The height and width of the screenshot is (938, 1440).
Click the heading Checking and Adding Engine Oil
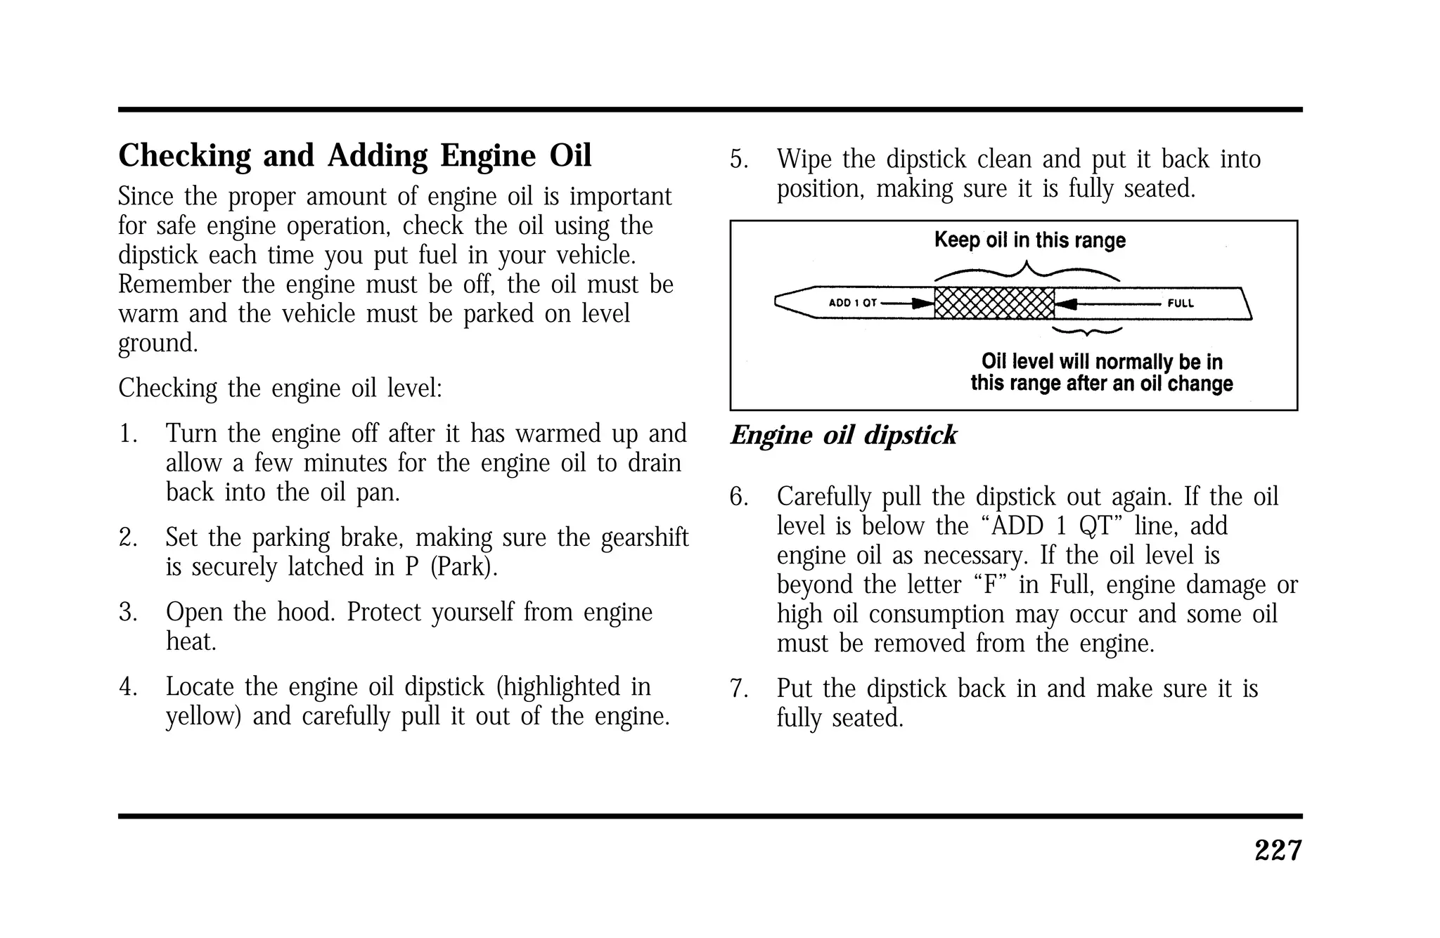click(354, 156)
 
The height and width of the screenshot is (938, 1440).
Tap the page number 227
click(1278, 851)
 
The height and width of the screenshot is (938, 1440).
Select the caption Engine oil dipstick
click(843, 436)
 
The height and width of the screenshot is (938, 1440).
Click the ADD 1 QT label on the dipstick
click(852, 304)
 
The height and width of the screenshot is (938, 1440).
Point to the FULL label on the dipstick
click(1181, 304)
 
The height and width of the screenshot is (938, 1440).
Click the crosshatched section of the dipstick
click(994, 304)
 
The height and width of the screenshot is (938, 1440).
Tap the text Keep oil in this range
click(1029, 240)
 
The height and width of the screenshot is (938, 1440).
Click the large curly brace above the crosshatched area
click(1027, 271)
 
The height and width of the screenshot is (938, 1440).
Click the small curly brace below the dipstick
click(1086, 330)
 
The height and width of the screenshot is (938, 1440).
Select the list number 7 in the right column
click(738, 689)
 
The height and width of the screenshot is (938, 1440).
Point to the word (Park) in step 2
click(463, 567)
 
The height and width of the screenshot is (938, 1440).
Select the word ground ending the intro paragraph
click(157, 344)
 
